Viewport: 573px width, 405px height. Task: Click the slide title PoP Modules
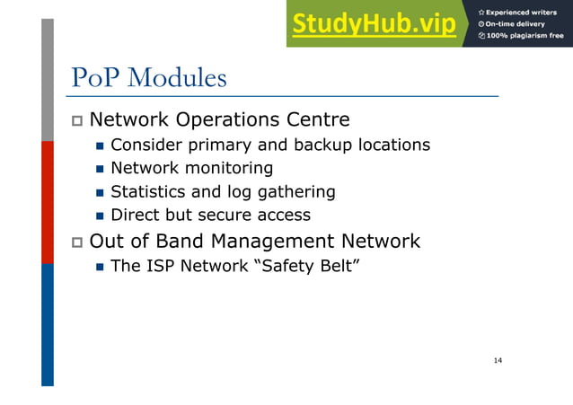148,78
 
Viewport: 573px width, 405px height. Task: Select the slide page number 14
498,361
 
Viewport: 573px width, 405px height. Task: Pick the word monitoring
228,168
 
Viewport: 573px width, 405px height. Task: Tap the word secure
216,215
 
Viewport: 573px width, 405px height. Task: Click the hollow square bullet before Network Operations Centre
77,120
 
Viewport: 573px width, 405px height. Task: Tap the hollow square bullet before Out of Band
77,242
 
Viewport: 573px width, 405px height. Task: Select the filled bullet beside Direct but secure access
100,216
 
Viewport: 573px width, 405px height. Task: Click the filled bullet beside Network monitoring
100,169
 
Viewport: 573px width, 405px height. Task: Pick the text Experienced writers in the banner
525,12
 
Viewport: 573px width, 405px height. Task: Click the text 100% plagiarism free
525,36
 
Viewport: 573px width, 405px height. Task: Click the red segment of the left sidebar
48,202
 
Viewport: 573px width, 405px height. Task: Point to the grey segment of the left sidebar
48,81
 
